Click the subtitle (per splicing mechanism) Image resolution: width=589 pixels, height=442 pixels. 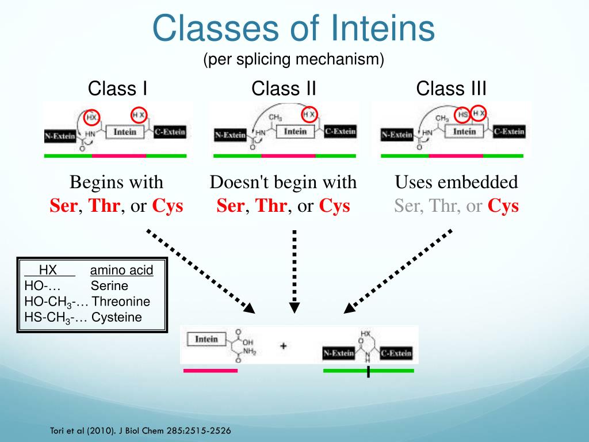click(x=293, y=59)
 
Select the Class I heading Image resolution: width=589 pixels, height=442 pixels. click(x=117, y=89)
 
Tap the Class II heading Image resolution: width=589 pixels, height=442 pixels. click(x=284, y=89)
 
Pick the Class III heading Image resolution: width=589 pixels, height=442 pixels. click(x=451, y=89)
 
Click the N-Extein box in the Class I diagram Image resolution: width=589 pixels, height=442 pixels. click(x=60, y=136)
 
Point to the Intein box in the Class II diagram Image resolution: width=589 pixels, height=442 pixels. click(x=295, y=131)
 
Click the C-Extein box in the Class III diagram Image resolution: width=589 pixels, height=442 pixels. click(x=508, y=131)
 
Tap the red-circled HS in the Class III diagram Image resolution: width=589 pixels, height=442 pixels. click(x=464, y=115)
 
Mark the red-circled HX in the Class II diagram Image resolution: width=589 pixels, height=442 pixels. click(x=309, y=115)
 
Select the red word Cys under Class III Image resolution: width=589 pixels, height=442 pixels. click(x=503, y=206)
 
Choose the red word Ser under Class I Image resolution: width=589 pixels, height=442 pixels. click(x=63, y=206)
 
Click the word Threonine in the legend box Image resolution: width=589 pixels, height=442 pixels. click(x=121, y=302)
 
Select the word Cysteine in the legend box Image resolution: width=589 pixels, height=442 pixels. click(x=117, y=317)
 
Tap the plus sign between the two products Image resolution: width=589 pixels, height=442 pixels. click(x=283, y=346)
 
